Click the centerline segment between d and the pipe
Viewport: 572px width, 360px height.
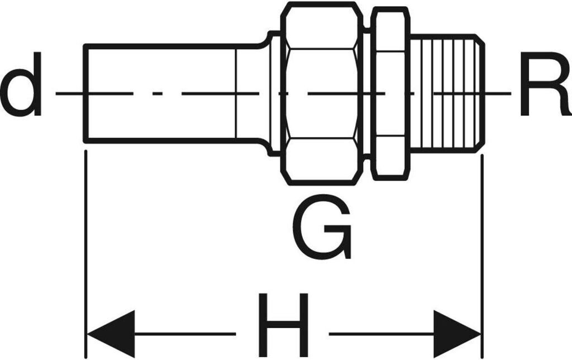(x=70, y=93)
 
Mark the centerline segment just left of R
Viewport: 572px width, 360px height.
(x=497, y=93)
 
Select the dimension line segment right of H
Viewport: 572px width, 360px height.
(x=380, y=334)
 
